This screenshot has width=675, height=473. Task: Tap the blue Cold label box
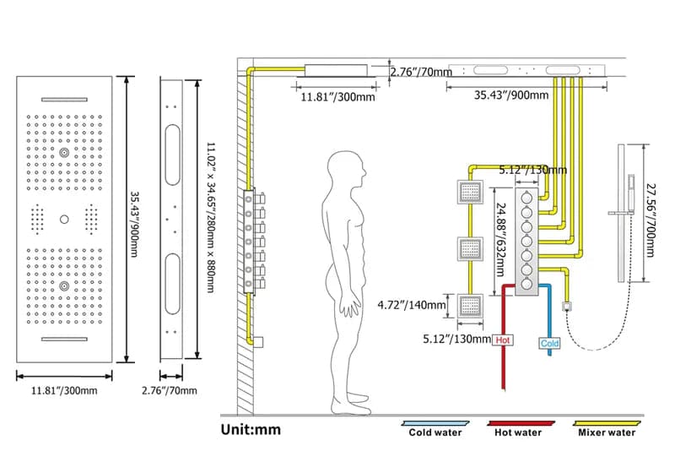[x=550, y=344]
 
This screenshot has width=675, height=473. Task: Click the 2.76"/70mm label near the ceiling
[x=421, y=72]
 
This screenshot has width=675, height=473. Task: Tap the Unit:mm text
[x=251, y=429]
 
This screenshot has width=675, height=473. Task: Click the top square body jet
[x=470, y=193]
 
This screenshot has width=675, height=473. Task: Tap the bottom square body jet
[x=470, y=306]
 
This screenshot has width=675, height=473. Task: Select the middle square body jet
[x=470, y=249]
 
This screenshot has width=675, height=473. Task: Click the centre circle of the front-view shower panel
[x=64, y=220]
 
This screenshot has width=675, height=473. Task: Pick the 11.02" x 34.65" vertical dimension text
[x=211, y=220]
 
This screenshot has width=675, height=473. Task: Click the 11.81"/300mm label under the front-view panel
[x=64, y=390]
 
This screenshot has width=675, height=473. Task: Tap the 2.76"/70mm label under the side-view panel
[x=170, y=390]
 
